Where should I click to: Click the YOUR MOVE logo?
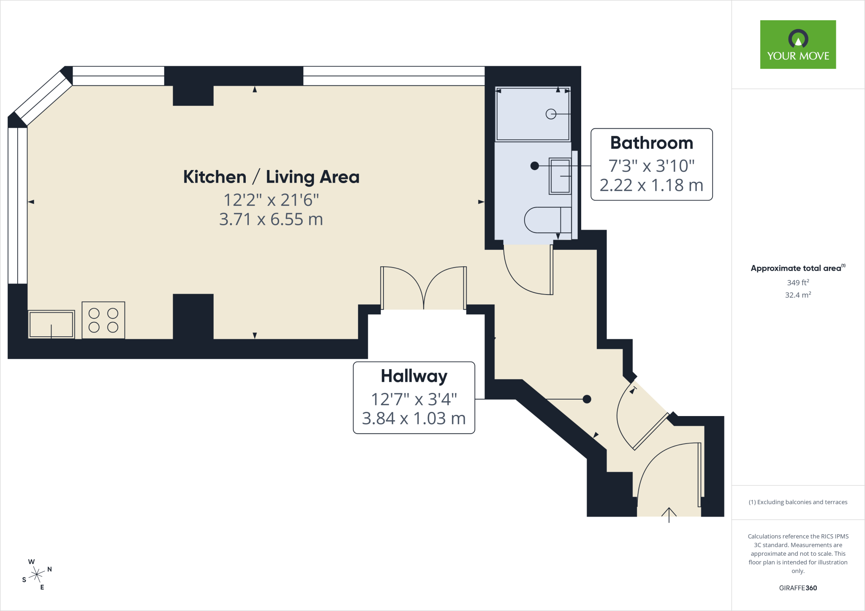798,44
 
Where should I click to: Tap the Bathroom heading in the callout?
652,143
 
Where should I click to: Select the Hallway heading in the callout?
414,376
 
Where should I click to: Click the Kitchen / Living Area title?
271,177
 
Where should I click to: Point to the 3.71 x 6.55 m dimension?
271,219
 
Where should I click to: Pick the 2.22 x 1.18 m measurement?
652,185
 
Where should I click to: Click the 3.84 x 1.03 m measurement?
414,419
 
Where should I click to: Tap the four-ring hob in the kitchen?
103,320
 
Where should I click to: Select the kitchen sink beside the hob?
52,324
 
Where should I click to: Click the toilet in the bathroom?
548,220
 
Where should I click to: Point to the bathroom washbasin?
560,176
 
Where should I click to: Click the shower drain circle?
551,114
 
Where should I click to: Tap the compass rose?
37,574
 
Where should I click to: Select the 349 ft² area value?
798,282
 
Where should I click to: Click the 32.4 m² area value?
798,295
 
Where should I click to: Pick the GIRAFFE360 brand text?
798,588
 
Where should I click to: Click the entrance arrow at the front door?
669,515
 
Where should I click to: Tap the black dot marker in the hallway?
587,399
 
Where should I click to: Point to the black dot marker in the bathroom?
535,166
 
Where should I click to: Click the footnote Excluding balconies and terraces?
798,502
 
